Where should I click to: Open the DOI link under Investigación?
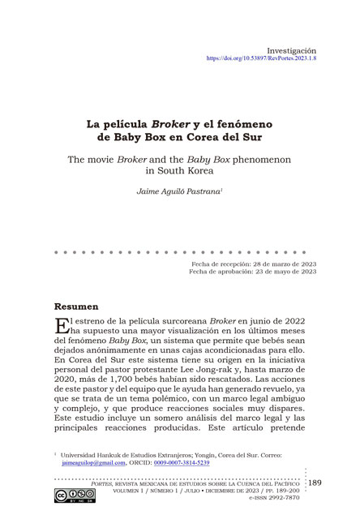pos(262,59)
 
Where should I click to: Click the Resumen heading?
pos(76,309)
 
